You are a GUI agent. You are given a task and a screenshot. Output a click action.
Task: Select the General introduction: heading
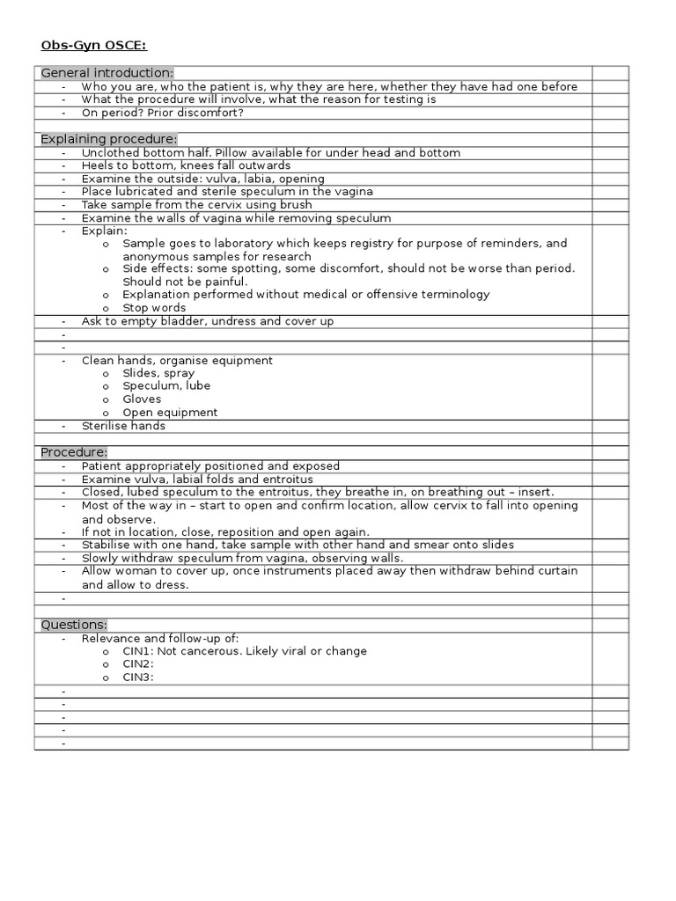pyautogui.click(x=107, y=73)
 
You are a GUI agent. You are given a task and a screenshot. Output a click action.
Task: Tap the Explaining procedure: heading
pyautogui.click(x=109, y=139)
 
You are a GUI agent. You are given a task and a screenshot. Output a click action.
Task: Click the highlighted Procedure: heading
pyautogui.click(x=74, y=452)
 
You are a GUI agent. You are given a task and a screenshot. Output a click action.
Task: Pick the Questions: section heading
pyautogui.click(x=74, y=625)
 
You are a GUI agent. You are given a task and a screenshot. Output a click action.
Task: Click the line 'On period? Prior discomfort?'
pyautogui.click(x=162, y=113)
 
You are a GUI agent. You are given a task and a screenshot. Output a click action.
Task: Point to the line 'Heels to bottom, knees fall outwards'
pyautogui.click(x=186, y=165)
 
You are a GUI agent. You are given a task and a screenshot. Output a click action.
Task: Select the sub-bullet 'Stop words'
pyautogui.click(x=154, y=308)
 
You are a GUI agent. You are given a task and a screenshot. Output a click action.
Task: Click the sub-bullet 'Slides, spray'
pyautogui.click(x=158, y=373)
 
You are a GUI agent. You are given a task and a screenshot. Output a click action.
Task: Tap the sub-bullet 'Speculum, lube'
pyautogui.click(x=166, y=385)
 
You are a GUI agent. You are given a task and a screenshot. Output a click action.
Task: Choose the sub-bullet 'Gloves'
pyautogui.click(x=142, y=399)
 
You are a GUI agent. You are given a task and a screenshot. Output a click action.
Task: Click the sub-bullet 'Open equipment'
pyautogui.click(x=170, y=412)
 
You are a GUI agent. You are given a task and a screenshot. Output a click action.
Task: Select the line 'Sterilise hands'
pyautogui.click(x=123, y=426)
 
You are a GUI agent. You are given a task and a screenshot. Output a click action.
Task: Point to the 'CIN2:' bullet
pyautogui.click(x=138, y=664)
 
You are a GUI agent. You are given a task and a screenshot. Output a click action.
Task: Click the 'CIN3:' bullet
pyautogui.click(x=138, y=677)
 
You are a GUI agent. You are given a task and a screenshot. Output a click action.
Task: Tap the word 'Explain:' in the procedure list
pyautogui.click(x=104, y=231)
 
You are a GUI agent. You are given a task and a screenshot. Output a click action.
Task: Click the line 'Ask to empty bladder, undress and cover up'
pyautogui.click(x=208, y=321)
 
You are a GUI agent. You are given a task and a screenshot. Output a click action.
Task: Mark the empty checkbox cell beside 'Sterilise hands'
pyautogui.click(x=610, y=426)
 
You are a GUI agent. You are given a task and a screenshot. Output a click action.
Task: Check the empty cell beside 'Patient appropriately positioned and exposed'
pyautogui.click(x=610, y=465)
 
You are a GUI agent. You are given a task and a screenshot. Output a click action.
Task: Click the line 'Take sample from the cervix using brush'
pyautogui.click(x=196, y=205)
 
